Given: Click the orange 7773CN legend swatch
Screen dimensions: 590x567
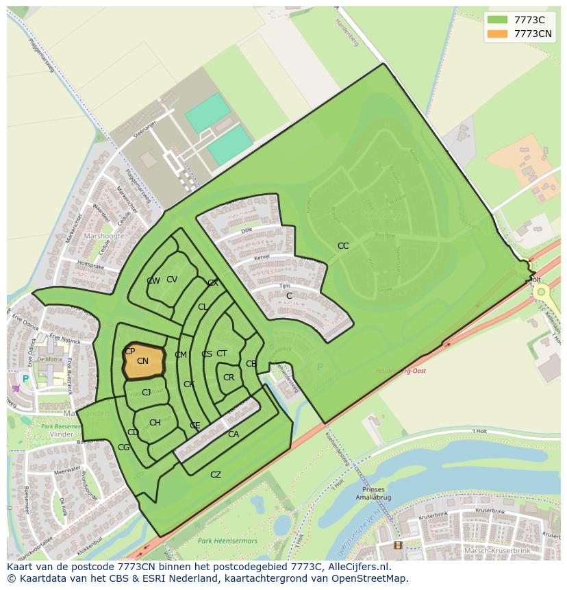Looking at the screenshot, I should click(498, 34).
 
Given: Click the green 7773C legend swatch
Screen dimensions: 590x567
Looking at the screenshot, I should click(498, 20).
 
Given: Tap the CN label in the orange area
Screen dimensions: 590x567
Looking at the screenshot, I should click(142, 361).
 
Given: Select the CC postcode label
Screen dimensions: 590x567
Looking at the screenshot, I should click(343, 246).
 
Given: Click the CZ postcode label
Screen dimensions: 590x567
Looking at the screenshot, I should click(216, 475).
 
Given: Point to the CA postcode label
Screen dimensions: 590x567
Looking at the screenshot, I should click(234, 434).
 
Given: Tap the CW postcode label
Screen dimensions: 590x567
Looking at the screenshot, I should click(153, 281).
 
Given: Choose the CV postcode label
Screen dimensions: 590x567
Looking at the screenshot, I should click(172, 279).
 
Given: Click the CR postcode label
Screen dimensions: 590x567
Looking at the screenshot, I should click(229, 378).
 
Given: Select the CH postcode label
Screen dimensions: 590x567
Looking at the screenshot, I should click(155, 423).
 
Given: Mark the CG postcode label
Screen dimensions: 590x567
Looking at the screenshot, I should click(123, 447).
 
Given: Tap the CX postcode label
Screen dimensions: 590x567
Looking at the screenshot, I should click(213, 283).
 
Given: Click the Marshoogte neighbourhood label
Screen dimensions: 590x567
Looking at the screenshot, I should click(104, 236).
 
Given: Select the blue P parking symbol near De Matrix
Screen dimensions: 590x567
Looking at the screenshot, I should click(26, 379).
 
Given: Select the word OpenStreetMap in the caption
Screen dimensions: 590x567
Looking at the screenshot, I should click(370, 578).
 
